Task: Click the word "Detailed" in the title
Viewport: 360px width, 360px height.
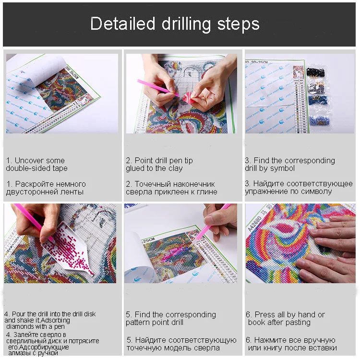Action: tap(122, 24)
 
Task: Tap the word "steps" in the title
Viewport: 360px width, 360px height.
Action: tap(238, 24)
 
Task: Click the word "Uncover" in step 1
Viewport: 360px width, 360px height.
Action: tap(39, 160)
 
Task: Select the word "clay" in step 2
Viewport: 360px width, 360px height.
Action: tap(175, 168)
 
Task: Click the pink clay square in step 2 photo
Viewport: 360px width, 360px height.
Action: tap(188, 96)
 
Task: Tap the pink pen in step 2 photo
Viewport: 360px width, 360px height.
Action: tap(158, 87)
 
